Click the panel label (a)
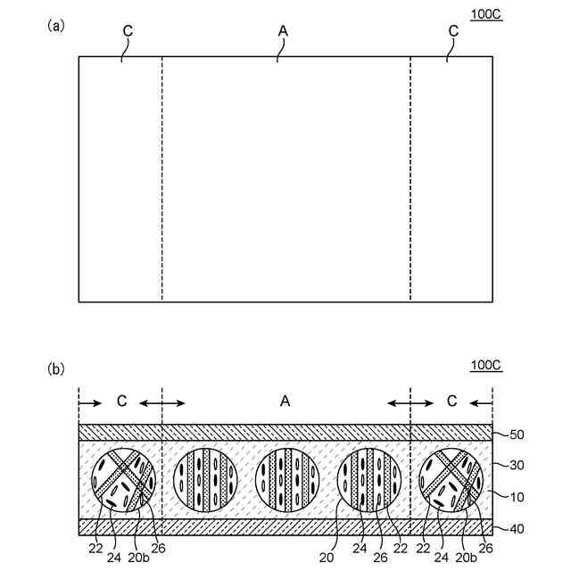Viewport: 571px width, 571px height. point(55,26)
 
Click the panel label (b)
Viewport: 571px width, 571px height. point(55,368)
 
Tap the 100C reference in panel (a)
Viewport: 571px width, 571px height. point(485,16)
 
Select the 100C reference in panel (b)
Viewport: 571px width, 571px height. point(485,365)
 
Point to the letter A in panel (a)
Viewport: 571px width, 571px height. point(283,31)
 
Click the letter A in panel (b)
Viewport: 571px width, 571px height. point(285,401)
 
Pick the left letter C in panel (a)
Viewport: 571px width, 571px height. point(128,31)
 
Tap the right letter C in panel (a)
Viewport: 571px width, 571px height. point(453,31)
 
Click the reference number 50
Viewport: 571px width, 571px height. point(517,435)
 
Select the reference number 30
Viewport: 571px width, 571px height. point(517,465)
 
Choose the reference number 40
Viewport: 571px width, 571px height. point(517,528)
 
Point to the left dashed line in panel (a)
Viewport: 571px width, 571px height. point(162,178)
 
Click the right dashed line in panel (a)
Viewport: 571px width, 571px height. point(410,178)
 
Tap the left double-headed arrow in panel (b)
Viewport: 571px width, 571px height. point(162,403)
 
